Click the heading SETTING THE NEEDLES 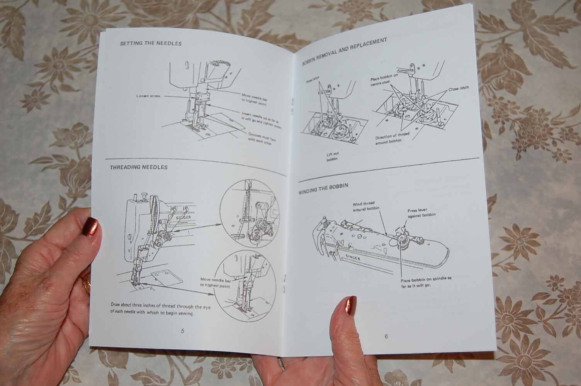coord(151,44)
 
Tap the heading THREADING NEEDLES coord(139,168)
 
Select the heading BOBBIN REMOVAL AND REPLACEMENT coord(344,51)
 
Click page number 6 coord(386,336)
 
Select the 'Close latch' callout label coord(459,88)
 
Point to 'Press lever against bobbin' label coord(421,213)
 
